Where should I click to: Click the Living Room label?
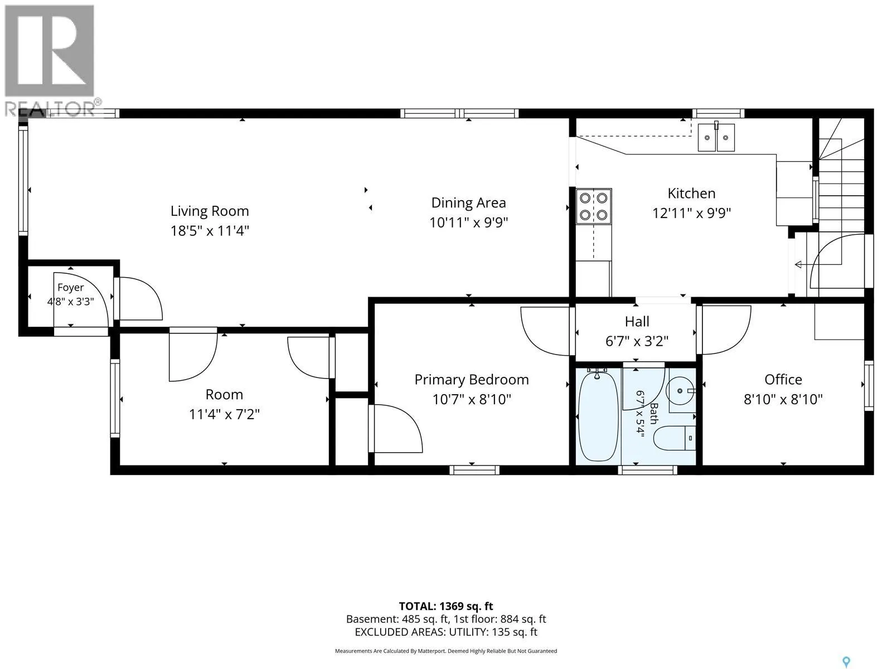[x=209, y=211]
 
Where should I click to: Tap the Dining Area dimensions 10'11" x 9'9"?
[x=468, y=222]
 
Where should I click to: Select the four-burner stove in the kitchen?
[x=593, y=206]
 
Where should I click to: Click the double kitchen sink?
[x=716, y=137]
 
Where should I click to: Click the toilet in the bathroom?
[x=674, y=438]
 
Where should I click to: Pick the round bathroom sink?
[x=681, y=391]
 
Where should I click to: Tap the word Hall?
[x=637, y=322]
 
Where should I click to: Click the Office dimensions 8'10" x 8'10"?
[x=783, y=399]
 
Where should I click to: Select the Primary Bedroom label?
[x=472, y=380]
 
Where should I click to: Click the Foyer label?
[x=70, y=288]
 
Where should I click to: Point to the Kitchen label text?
[x=691, y=193]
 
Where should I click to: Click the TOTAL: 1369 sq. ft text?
[x=446, y=607]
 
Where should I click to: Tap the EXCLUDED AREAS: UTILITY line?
[x=446, y=632]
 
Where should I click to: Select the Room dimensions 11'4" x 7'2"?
[x=224, y=414]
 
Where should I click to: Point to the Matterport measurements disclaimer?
[x=446, y=651]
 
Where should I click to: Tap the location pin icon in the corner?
[x=846, y=651]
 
